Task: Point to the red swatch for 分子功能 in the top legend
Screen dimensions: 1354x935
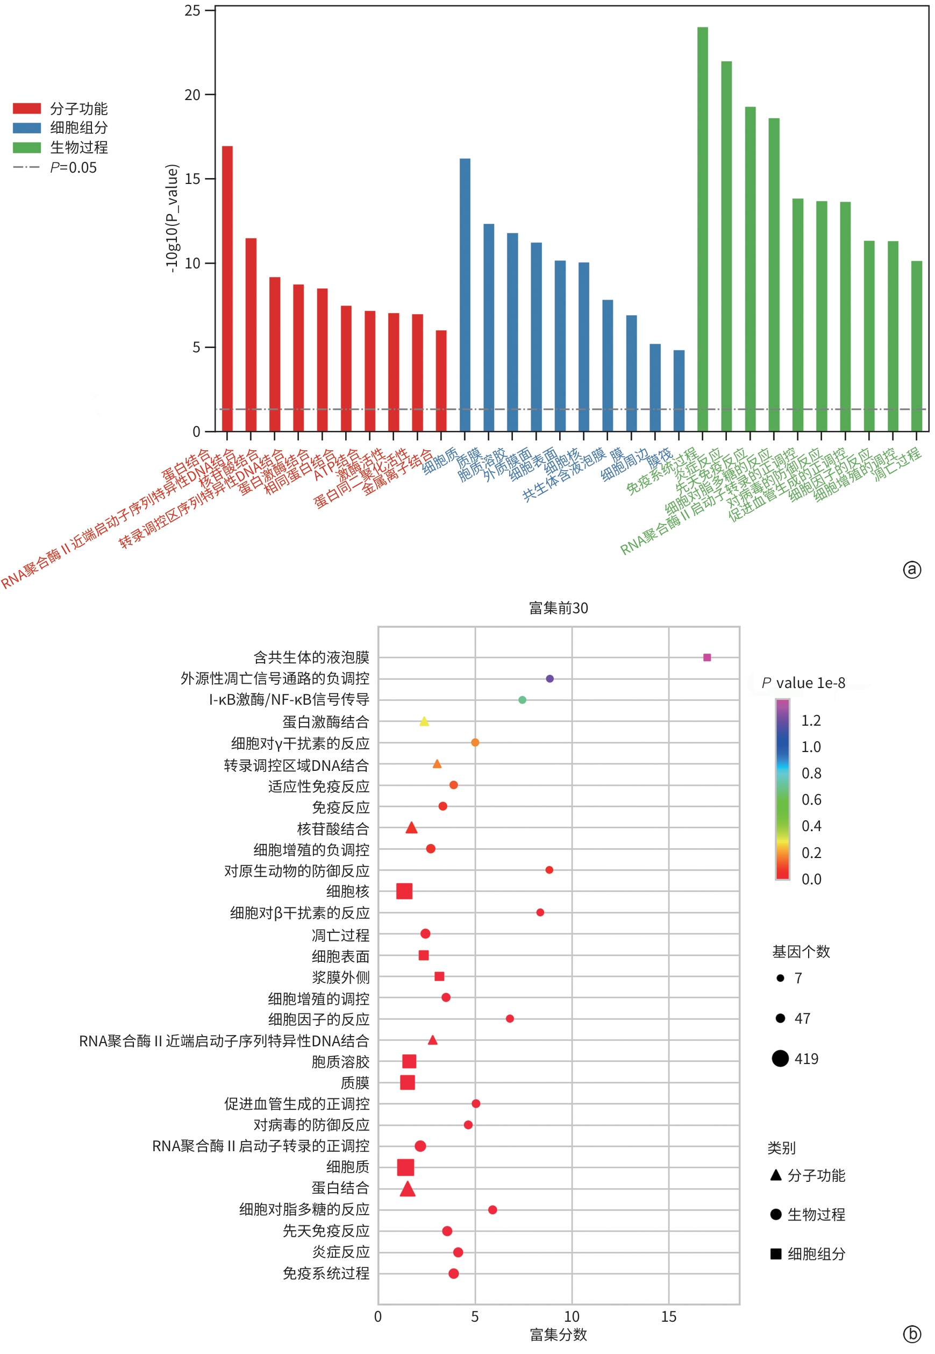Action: pyautogui.click(x=27, y=109)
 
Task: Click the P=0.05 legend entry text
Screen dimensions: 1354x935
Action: pyautogui.click(x=74, y=168)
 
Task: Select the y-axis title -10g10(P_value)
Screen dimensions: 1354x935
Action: pyautogui.click(x=171, y=218)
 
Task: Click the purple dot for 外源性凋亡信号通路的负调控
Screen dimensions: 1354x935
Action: pyautogui.click(x=549, y=678)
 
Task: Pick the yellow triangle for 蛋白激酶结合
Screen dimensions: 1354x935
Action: pyautogui.click(x=424, y=721)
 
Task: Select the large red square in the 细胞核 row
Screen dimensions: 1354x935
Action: pyautogui.click(x=404, y=891)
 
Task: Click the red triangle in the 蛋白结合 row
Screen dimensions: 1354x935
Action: pyautogui.click(x=408, y=1189)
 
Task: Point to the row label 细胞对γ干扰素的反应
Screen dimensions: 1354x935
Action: pyautogui.click(x=300, y=743)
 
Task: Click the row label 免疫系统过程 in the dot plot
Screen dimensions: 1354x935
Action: pyautogui.click(x=326, y=1273)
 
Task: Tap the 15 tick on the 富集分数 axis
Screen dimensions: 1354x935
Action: pyautogui.click(x=668, y=1316)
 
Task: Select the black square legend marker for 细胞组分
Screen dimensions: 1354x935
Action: pyautogui.click(x=776, y=1253)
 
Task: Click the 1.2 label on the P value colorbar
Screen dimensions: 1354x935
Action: pyautogui.click(x=811, y=720)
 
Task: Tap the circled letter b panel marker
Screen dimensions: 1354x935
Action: pyautogui.click(x=911, y=1334)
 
